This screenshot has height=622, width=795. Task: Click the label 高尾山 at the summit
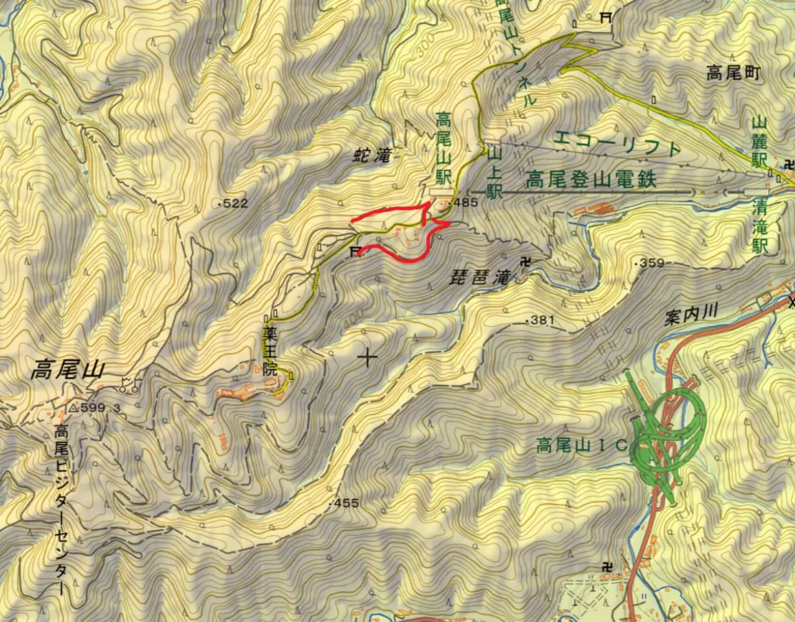(67, 371)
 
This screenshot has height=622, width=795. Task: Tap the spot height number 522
(234, 203)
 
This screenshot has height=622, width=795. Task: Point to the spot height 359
(650, 263)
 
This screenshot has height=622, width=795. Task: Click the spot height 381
(541, 319)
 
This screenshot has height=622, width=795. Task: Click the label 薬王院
(270, 351)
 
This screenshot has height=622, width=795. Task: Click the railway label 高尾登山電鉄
(591, 179)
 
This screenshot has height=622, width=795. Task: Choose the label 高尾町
(733, 74)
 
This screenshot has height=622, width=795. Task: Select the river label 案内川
(693, 312)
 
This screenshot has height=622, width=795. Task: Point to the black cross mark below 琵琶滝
(368, 356)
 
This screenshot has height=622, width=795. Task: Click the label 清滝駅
(761, 227)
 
